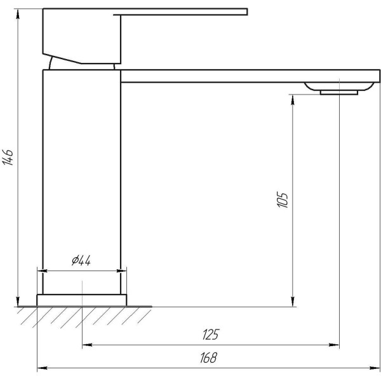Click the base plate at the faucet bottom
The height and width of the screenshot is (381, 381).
click(82, 300)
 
